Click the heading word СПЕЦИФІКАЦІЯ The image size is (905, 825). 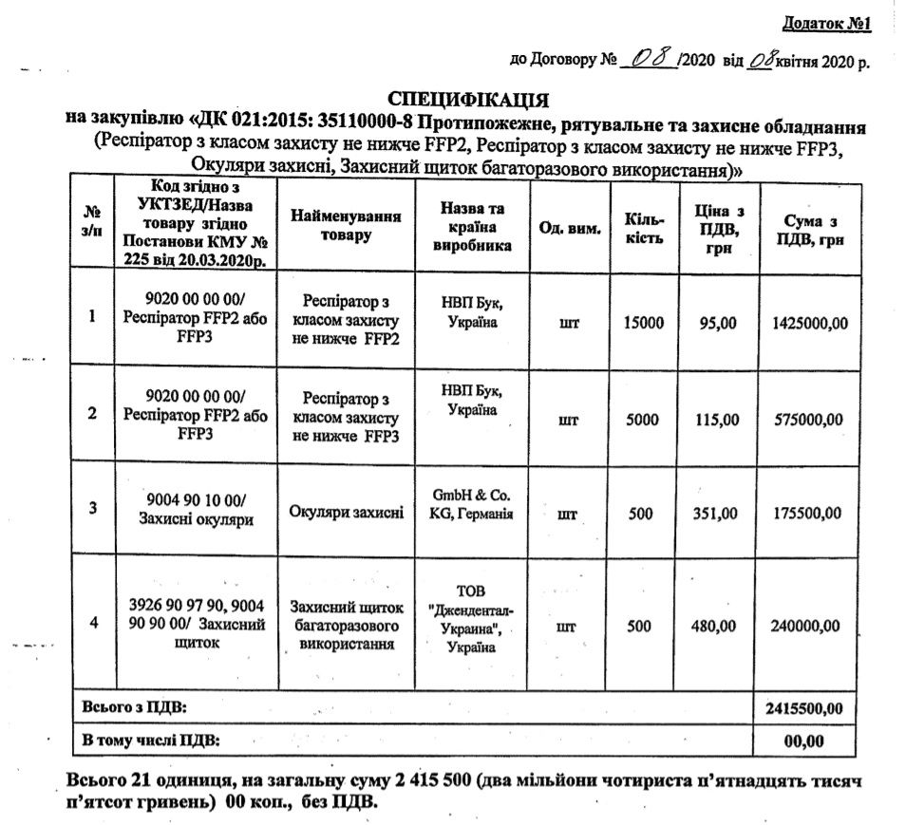point(470,99)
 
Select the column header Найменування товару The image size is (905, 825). point(345,226)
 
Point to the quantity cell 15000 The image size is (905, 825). point(643,323)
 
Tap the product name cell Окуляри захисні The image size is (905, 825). point(347,514)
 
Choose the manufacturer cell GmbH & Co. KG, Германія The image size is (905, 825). point(472,505)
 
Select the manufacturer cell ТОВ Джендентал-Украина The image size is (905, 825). point(472,617)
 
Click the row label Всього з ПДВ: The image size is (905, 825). point(135,707)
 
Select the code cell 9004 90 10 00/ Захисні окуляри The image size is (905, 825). point(196,510)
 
